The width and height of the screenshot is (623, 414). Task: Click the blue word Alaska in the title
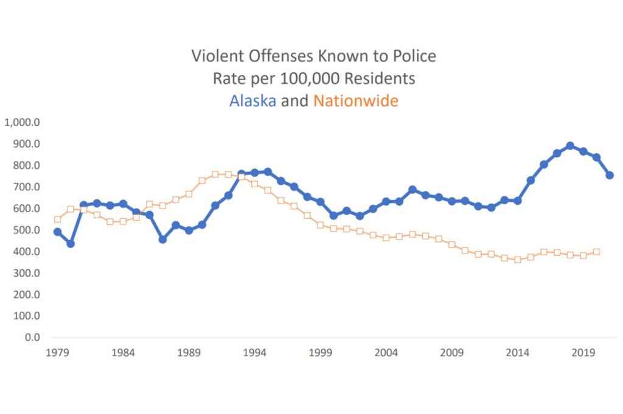252,100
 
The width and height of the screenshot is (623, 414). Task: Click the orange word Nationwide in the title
356,100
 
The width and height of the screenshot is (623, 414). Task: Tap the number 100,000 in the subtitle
310,78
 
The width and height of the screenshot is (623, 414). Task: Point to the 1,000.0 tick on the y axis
23,122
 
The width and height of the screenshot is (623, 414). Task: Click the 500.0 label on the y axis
26,230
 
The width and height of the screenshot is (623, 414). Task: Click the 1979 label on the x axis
57,353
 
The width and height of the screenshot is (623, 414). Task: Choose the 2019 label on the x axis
583,353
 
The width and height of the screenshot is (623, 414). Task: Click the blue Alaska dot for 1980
71,244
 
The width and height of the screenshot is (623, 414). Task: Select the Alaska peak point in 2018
570,146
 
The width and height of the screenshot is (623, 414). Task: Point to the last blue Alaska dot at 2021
610,175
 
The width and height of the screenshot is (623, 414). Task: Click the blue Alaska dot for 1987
162,240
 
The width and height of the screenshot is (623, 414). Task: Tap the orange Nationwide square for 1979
57,219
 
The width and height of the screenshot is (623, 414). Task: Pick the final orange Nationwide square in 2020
596,252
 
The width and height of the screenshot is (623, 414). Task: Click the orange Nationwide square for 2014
517,260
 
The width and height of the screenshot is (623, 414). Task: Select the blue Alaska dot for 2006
412,190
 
